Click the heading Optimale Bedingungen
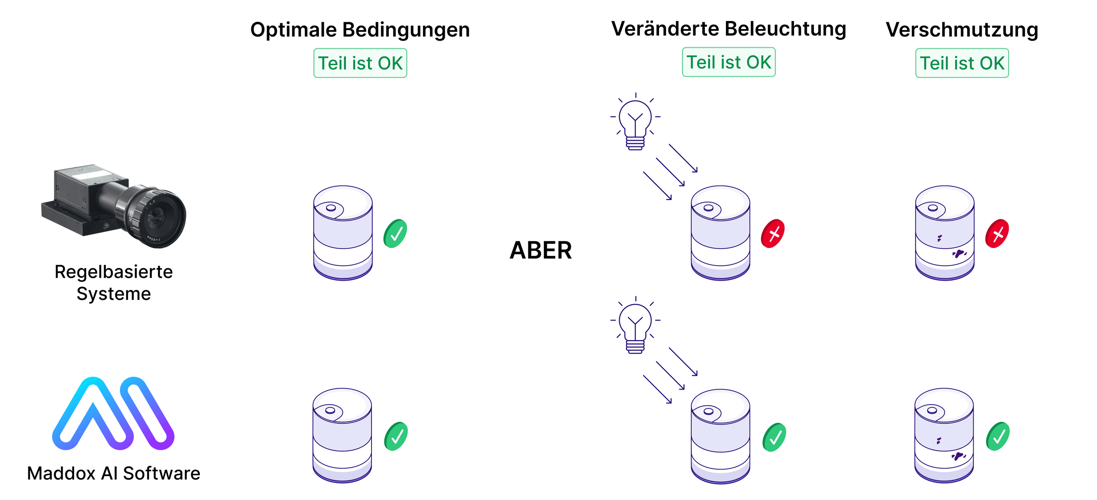coord(360,30)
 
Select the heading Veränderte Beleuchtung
coord(728,29)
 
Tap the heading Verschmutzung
coord(962,30)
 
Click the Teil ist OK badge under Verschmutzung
coord(962,63)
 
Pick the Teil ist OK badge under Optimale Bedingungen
coord(360,63)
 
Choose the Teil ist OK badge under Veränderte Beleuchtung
coord(728,62)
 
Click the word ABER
coord(541,250)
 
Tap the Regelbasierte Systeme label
coord(114,282)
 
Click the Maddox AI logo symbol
coord(114,413)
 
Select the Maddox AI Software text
coord(114,473)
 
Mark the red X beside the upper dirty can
coord(997,234)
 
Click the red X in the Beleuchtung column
coord(773,234)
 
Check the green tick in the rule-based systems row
coord(395,234)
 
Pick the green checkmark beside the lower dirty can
coord(998,436)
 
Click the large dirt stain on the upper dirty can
coord(959,253)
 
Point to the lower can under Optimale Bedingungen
coord(342,435)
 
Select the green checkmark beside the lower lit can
coord(774,437)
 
